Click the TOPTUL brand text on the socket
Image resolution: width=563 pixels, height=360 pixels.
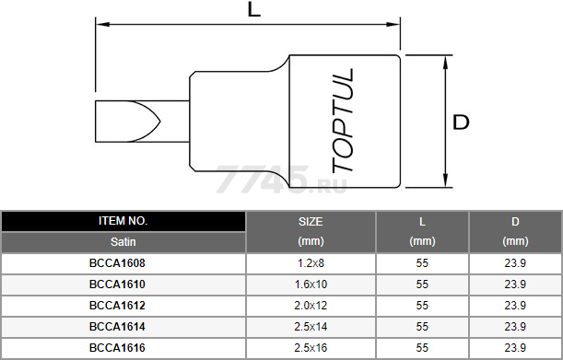(x=343, y=121)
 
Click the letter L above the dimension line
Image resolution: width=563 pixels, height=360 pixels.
(x=253, y=9)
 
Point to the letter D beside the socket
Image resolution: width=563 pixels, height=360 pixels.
(x=461, y=122)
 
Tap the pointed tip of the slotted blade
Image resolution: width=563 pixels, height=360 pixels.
(x=159, y=122)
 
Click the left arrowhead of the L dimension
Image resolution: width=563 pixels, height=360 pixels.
(x=102, y=25)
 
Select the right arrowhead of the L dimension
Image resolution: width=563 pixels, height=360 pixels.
(x=393, y=25)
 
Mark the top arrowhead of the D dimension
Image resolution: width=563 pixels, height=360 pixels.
(x=446, y=63)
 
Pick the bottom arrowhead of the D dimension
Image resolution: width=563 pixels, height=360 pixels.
(x=446, y=180)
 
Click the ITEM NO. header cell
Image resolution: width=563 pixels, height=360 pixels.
(x=123, y=221)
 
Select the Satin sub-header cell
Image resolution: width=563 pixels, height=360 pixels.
(x=123, y=242)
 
